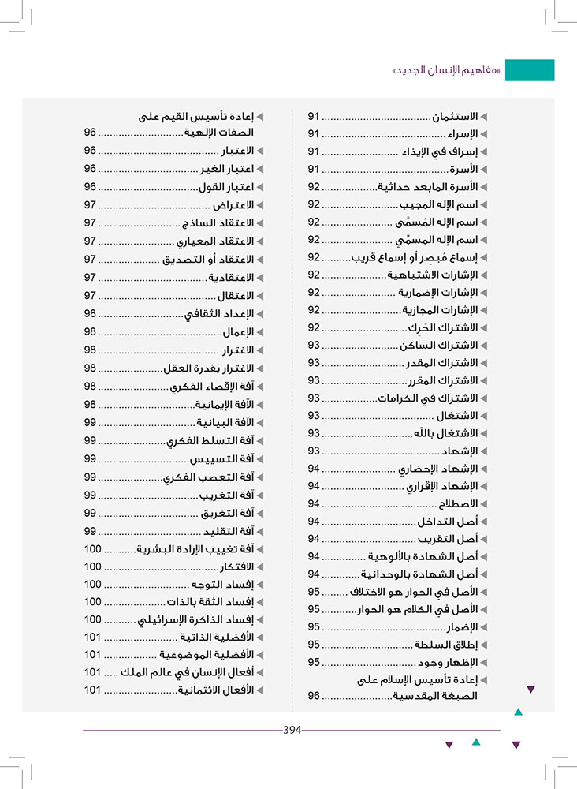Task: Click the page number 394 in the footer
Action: tap(292, 730)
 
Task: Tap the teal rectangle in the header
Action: tap(529, 70)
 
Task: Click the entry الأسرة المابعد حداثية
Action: tap(426, 187)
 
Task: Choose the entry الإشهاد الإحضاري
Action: tap(437, 469)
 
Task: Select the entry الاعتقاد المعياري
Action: tap(214, 241)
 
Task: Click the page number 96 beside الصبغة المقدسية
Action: tap(314, 696)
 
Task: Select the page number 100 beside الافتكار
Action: tap(93, 567)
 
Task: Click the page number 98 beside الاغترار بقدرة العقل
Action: tap(90, 368)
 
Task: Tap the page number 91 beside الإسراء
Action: tap(314, 134)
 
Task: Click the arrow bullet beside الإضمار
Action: tap(484, 627)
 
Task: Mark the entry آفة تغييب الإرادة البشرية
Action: tap(195, 548)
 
